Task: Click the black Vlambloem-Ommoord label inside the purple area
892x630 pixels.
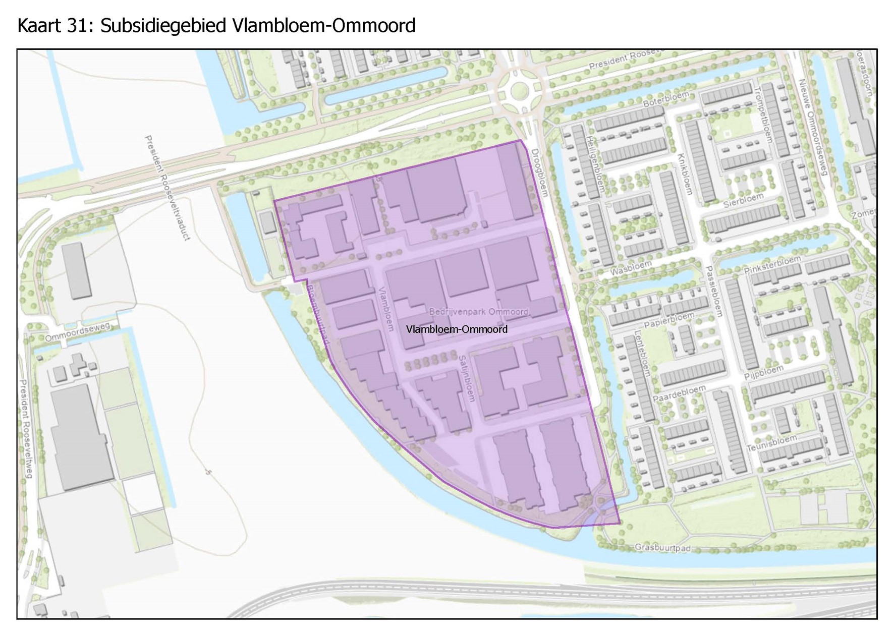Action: point(457,329)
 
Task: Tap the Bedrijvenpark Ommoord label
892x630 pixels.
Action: point(478,312)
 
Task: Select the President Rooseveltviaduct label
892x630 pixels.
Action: point(167,187)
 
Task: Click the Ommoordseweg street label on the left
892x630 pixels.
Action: point(77,332)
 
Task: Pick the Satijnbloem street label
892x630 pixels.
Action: point(467,378)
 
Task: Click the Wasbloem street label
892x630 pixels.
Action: point(631,268)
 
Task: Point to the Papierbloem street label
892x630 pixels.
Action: point(669,320)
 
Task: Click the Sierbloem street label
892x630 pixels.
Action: point(743,200)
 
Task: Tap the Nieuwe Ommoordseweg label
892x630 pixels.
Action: point(813,126)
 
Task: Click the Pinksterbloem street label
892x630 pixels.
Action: point(772,265)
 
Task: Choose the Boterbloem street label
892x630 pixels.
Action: point(665,98)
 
